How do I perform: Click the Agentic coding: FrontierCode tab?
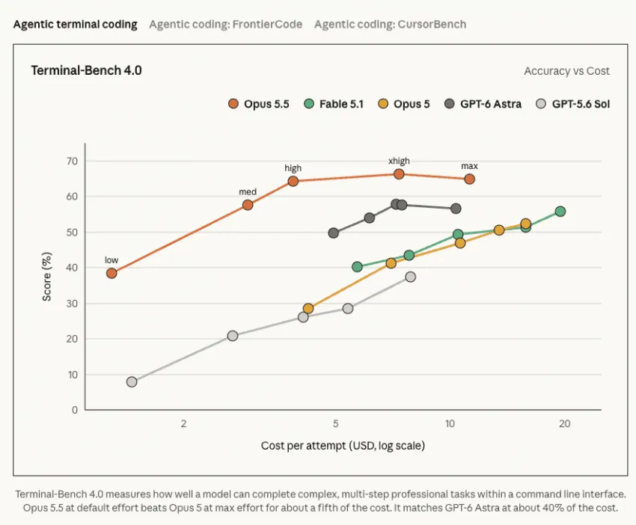click(x=225, y=25)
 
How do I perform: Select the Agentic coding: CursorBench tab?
click(x=390, y=25)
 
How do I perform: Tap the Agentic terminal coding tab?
click(x=76, y=25)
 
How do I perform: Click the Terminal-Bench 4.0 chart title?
click(x=86, y=70)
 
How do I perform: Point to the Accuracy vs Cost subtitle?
click(x=566, y=71)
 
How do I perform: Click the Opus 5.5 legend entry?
click(x=259, y=104)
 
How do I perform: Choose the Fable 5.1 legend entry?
click(x=334, y=104)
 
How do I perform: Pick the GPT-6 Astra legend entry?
click(x=483, y=104)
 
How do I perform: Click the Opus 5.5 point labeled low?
click(x=111, y=273)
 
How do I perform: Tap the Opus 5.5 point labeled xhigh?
click(x=399, y=174)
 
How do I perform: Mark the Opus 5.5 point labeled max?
click(x=469, y=179)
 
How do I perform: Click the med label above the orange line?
click(x=248, y=191)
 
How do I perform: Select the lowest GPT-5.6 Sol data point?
click(x=132, y=381)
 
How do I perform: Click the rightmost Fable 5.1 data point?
click(x=560, y=211)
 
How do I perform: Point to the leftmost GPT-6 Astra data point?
click(x=334, y=233)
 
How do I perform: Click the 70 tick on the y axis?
click(x=72, y=162)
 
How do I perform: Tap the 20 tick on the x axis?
click(x=564, y=423)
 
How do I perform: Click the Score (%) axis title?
click(x=47, y=277)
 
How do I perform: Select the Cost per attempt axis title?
click(x=343, y=446)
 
